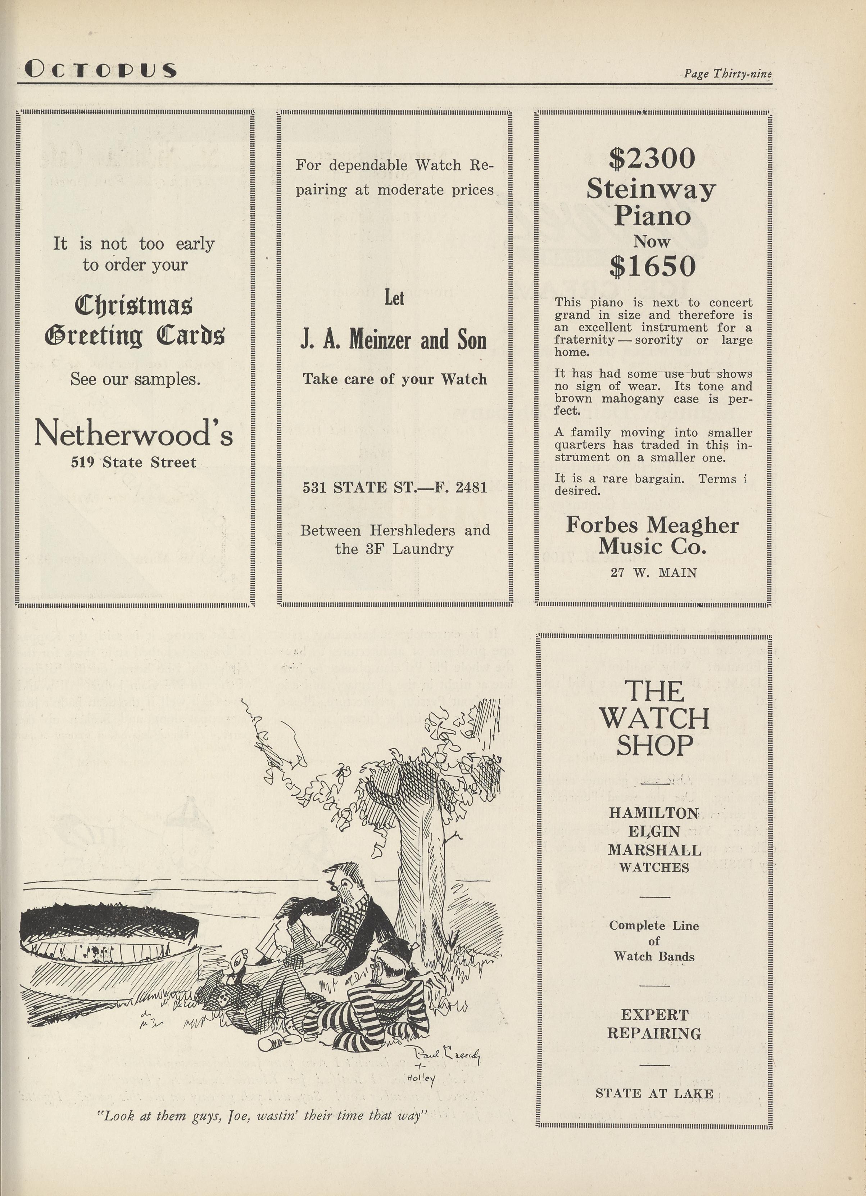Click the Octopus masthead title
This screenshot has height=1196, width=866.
100,69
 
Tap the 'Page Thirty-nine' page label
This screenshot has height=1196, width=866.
727,73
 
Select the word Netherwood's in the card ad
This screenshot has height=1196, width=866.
133,434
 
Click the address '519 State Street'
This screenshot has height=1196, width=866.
133,463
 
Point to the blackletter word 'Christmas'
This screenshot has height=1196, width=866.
133,305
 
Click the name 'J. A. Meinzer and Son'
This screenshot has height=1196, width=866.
393,340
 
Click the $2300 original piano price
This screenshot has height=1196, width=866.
652,158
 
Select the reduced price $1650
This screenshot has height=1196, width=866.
652,266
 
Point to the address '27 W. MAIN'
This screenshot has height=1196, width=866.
654,573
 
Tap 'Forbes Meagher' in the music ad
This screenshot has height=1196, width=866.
652,525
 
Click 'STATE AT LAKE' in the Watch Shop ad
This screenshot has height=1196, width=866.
654,1094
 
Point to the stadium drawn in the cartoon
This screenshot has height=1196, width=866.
111,944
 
